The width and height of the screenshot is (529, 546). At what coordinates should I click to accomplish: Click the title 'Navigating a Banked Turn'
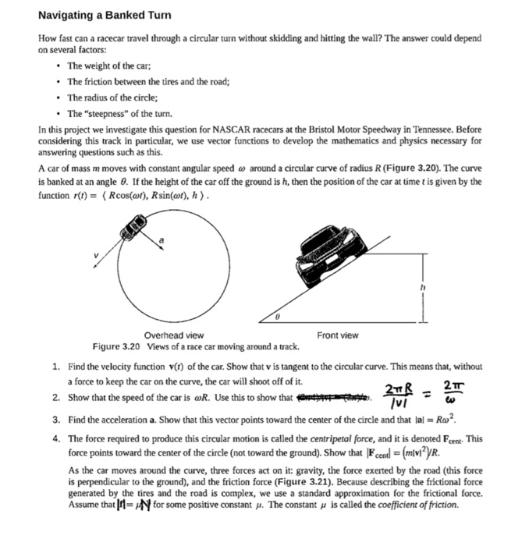pos(105,16)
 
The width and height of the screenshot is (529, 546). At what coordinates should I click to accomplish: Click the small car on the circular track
pos(133,232)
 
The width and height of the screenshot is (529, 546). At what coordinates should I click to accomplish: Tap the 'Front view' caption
pos(338,335)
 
